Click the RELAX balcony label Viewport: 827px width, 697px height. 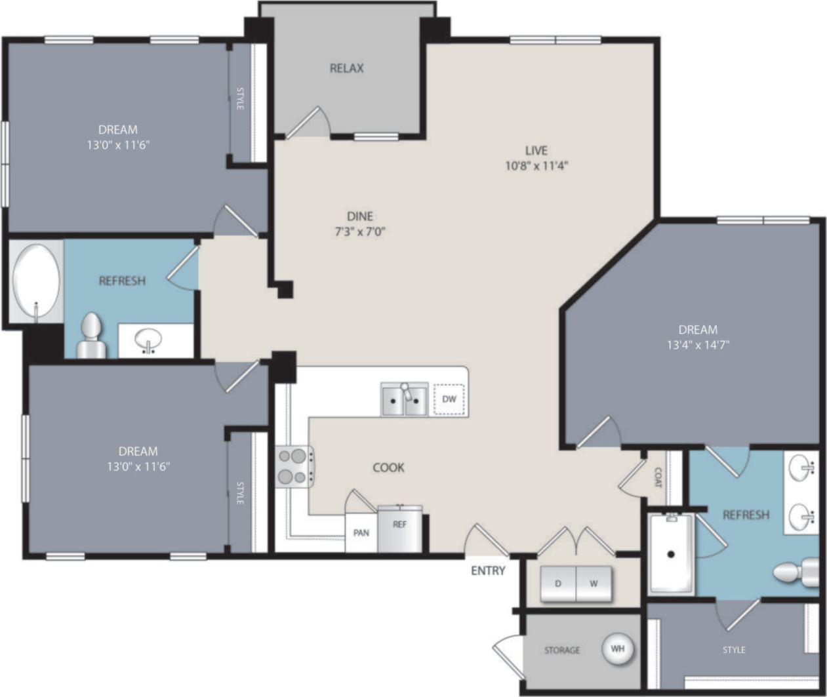click(346, 68)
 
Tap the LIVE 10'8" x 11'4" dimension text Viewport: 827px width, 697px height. click(536, 166)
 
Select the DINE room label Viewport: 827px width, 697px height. click(360, 216)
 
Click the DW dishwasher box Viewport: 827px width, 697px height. click(449, 399)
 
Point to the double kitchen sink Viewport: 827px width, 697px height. click(405, 400)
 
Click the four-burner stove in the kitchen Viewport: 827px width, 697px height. click(293, 466)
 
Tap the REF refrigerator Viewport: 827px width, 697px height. click(399, 527)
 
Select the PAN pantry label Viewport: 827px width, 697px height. click(361, 533)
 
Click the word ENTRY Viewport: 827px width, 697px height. click(488, 571)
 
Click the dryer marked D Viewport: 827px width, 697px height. click(558, 584)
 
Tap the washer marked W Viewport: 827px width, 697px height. click(594, 584)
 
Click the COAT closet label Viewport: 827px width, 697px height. click(658, 477)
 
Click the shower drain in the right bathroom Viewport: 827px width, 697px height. click(671, 554)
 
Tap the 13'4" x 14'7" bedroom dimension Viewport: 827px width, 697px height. click(698, 345)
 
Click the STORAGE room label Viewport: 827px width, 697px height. click(562, 650)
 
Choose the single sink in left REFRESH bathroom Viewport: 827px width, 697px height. click(148, 340)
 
